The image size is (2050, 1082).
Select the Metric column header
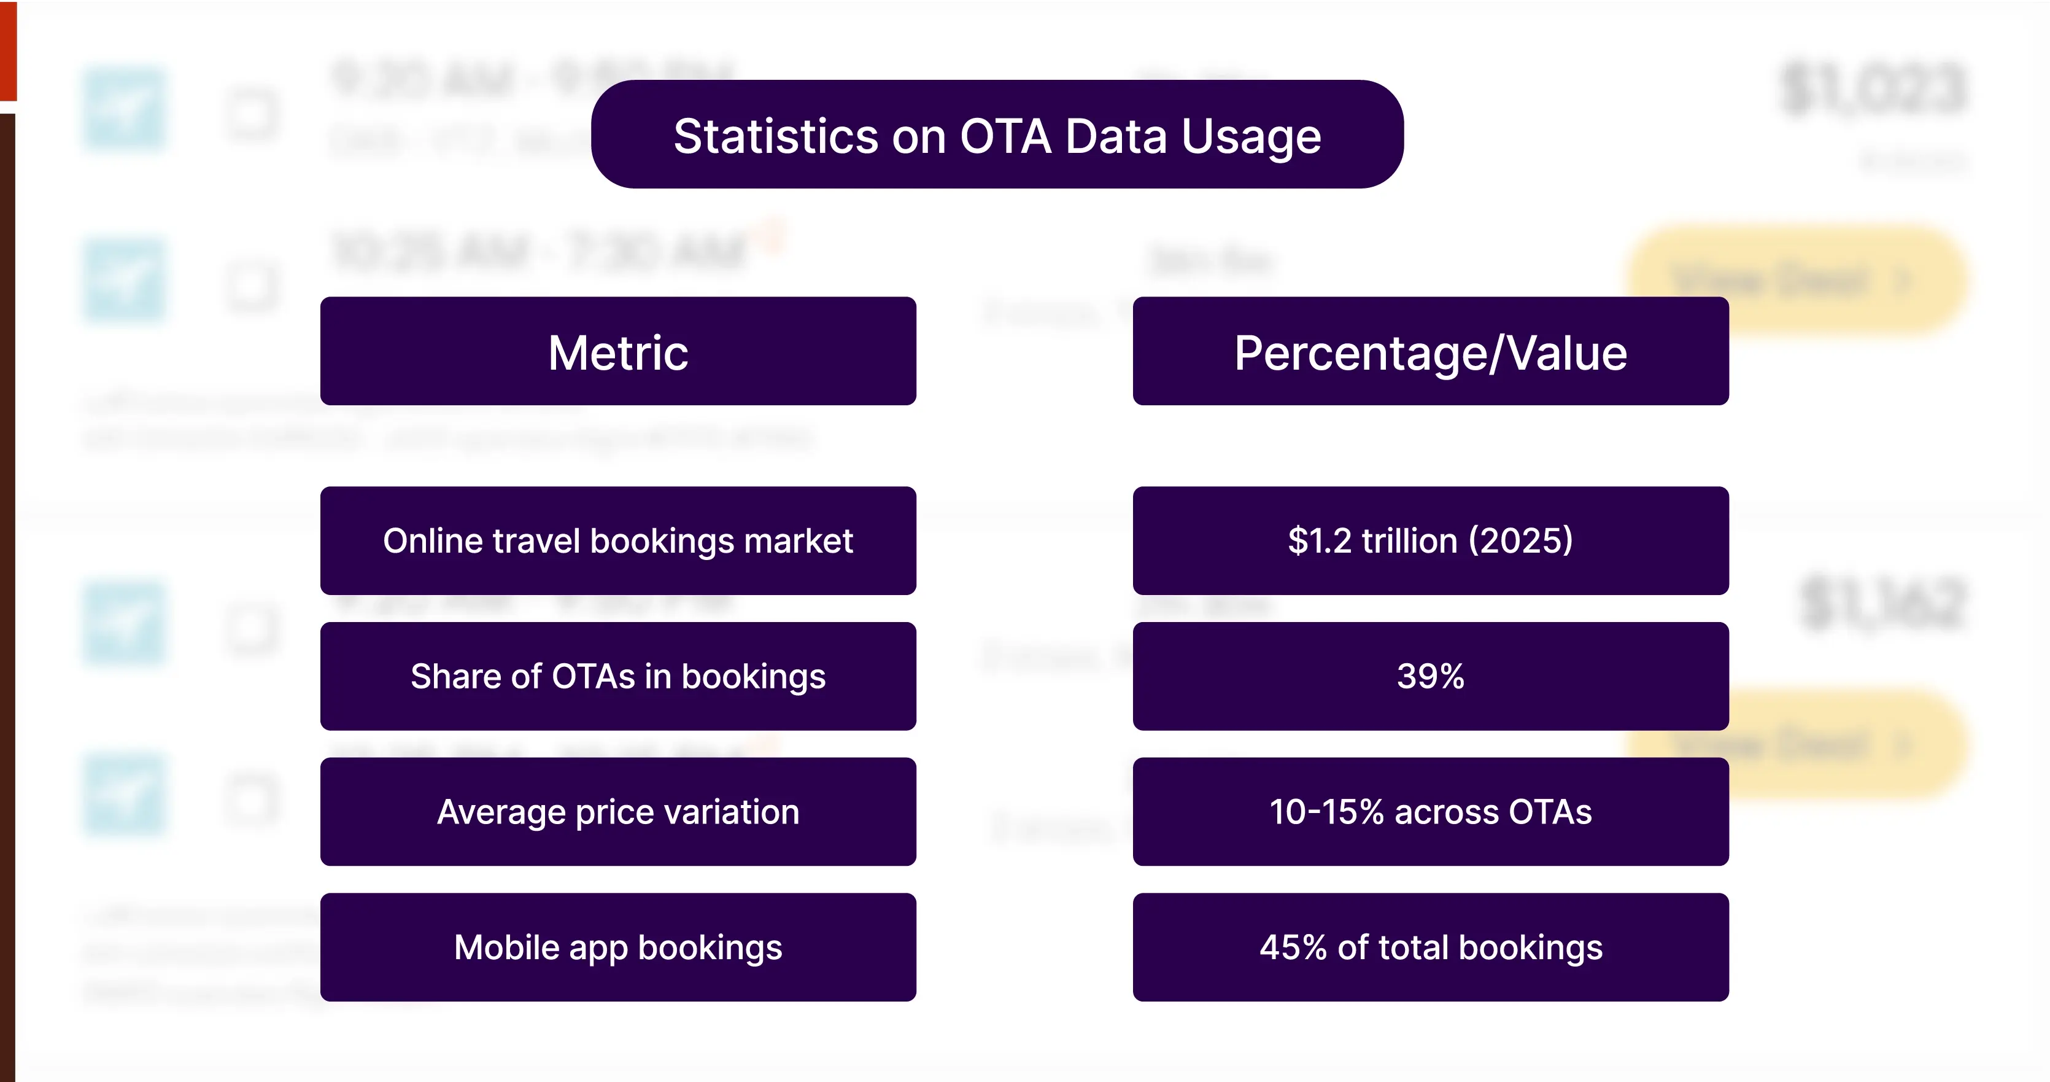pyautogui.click(x=617, y=351)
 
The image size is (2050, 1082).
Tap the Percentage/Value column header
pyautogui.click(x=1430, y=351)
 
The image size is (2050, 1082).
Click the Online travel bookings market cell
pyautogui.click(x=617, y=540)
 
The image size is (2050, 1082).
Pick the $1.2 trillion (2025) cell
pyautogui.click(x=1430, y=540)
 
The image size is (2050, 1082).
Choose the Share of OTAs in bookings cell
pyautogui.click(x=617, y=676)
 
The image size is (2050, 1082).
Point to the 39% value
pyautogui.click(x=1430, y=676)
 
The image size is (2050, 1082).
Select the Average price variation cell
pyautogui.click(x=617, y=811)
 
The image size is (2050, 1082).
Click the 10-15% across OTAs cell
pyautogui.click(x=1430, y=811)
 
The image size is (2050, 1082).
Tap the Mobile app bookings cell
pyautogui.click(x=617, y=947)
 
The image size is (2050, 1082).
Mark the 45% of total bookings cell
pyautogui.click(x=1430, y=947)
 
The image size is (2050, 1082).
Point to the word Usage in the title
pyautogui.click(x=1251, y=136)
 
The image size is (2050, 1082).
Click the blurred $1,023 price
pyautogui.click(x=1873, y=88)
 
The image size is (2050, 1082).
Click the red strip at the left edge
pyautogui.click(x=8, y=49)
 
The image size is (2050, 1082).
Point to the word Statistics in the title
pyautogui.click(x=776, y=136)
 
